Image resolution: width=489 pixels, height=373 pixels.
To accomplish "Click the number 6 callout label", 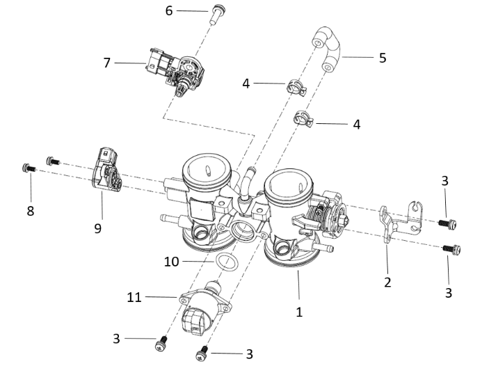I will coord(169,10).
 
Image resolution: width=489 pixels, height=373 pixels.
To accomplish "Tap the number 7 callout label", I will coord(106,63).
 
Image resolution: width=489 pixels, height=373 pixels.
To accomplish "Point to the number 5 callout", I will coord(382,58).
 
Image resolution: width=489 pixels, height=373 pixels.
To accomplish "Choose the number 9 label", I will coord(98,228).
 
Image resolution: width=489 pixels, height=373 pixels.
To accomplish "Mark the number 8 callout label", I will coord(30,210).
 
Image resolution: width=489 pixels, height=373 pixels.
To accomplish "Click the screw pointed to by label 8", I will coord(29,167).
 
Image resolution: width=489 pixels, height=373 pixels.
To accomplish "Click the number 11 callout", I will coord(134,297).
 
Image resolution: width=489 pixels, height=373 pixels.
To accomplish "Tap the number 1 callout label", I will coord(299,312).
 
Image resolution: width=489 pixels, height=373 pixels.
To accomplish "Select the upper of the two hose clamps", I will coord(295,88).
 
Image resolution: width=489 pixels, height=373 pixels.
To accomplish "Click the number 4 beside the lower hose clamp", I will coord(356,125).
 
